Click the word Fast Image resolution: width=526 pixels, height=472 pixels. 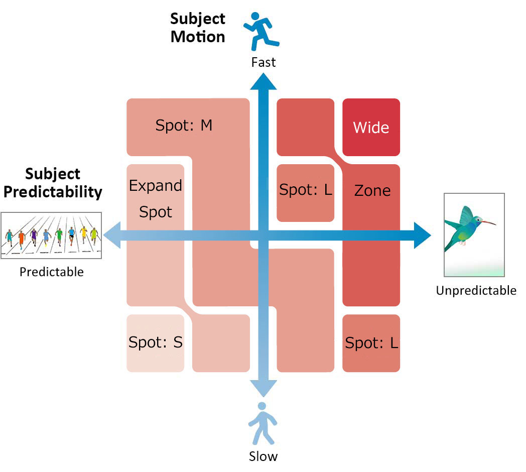coord(264,62)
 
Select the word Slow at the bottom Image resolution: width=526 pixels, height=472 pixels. coord(263,456)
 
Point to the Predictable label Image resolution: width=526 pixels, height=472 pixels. coord(52,272)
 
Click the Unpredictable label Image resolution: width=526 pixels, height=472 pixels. coord(476,290)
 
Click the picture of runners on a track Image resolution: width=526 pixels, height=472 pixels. coord(51,235)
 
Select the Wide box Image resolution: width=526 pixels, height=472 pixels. coord(371,128)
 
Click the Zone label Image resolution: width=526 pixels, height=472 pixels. coord(372,191)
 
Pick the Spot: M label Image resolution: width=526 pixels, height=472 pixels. coord(184,126)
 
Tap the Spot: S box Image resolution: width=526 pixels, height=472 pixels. coord(156,343)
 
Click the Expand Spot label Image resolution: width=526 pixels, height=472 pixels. coord(156,199)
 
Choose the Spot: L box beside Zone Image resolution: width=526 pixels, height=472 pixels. coord(305,191)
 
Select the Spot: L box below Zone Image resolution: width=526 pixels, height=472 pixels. coord(371,343)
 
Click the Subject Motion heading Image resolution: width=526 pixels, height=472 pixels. coord(198,28)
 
